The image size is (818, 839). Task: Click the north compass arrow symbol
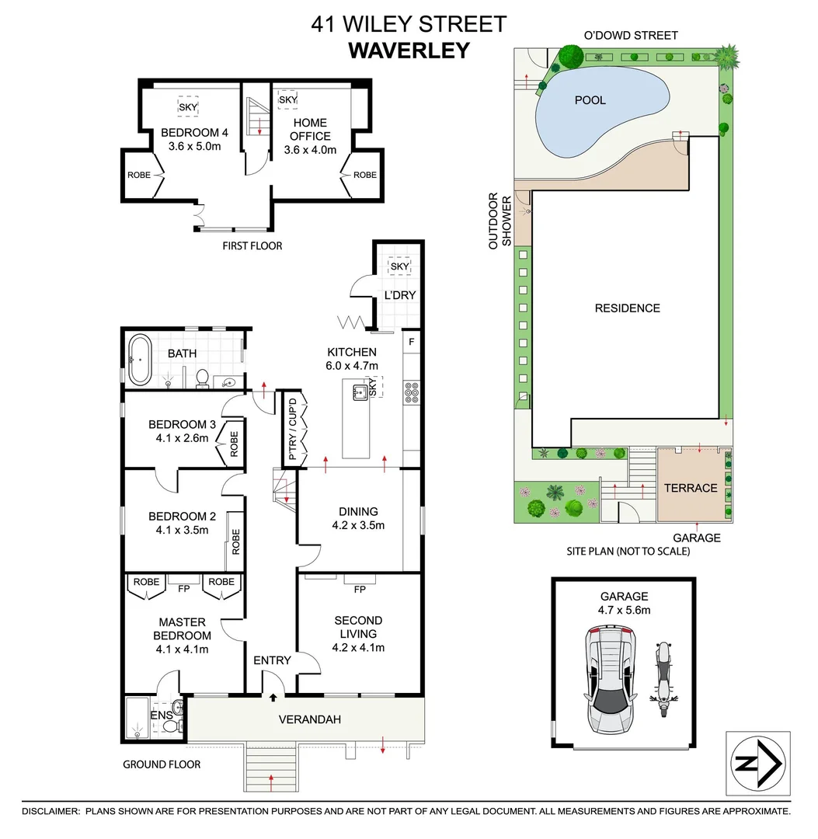758,763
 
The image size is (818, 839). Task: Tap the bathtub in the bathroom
140,360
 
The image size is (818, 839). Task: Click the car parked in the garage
611,680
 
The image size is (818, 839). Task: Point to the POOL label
590,100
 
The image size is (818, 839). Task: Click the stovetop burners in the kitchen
412,392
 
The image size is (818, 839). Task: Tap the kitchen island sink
359,393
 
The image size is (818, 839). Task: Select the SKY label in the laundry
399,266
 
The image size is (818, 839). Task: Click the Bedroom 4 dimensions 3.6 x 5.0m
194,146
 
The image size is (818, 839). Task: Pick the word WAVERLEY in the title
409,50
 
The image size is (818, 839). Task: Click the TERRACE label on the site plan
691,488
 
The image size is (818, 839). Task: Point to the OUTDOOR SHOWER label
500,221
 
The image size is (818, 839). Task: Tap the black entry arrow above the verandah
273,697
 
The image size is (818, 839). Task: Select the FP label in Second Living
360,589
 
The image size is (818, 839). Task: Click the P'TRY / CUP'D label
292,429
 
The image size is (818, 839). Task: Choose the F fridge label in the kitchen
412,341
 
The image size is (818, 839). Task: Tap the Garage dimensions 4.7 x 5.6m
624,610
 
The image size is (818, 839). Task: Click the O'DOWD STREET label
631,35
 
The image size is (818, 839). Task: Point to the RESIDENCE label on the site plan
628,308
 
